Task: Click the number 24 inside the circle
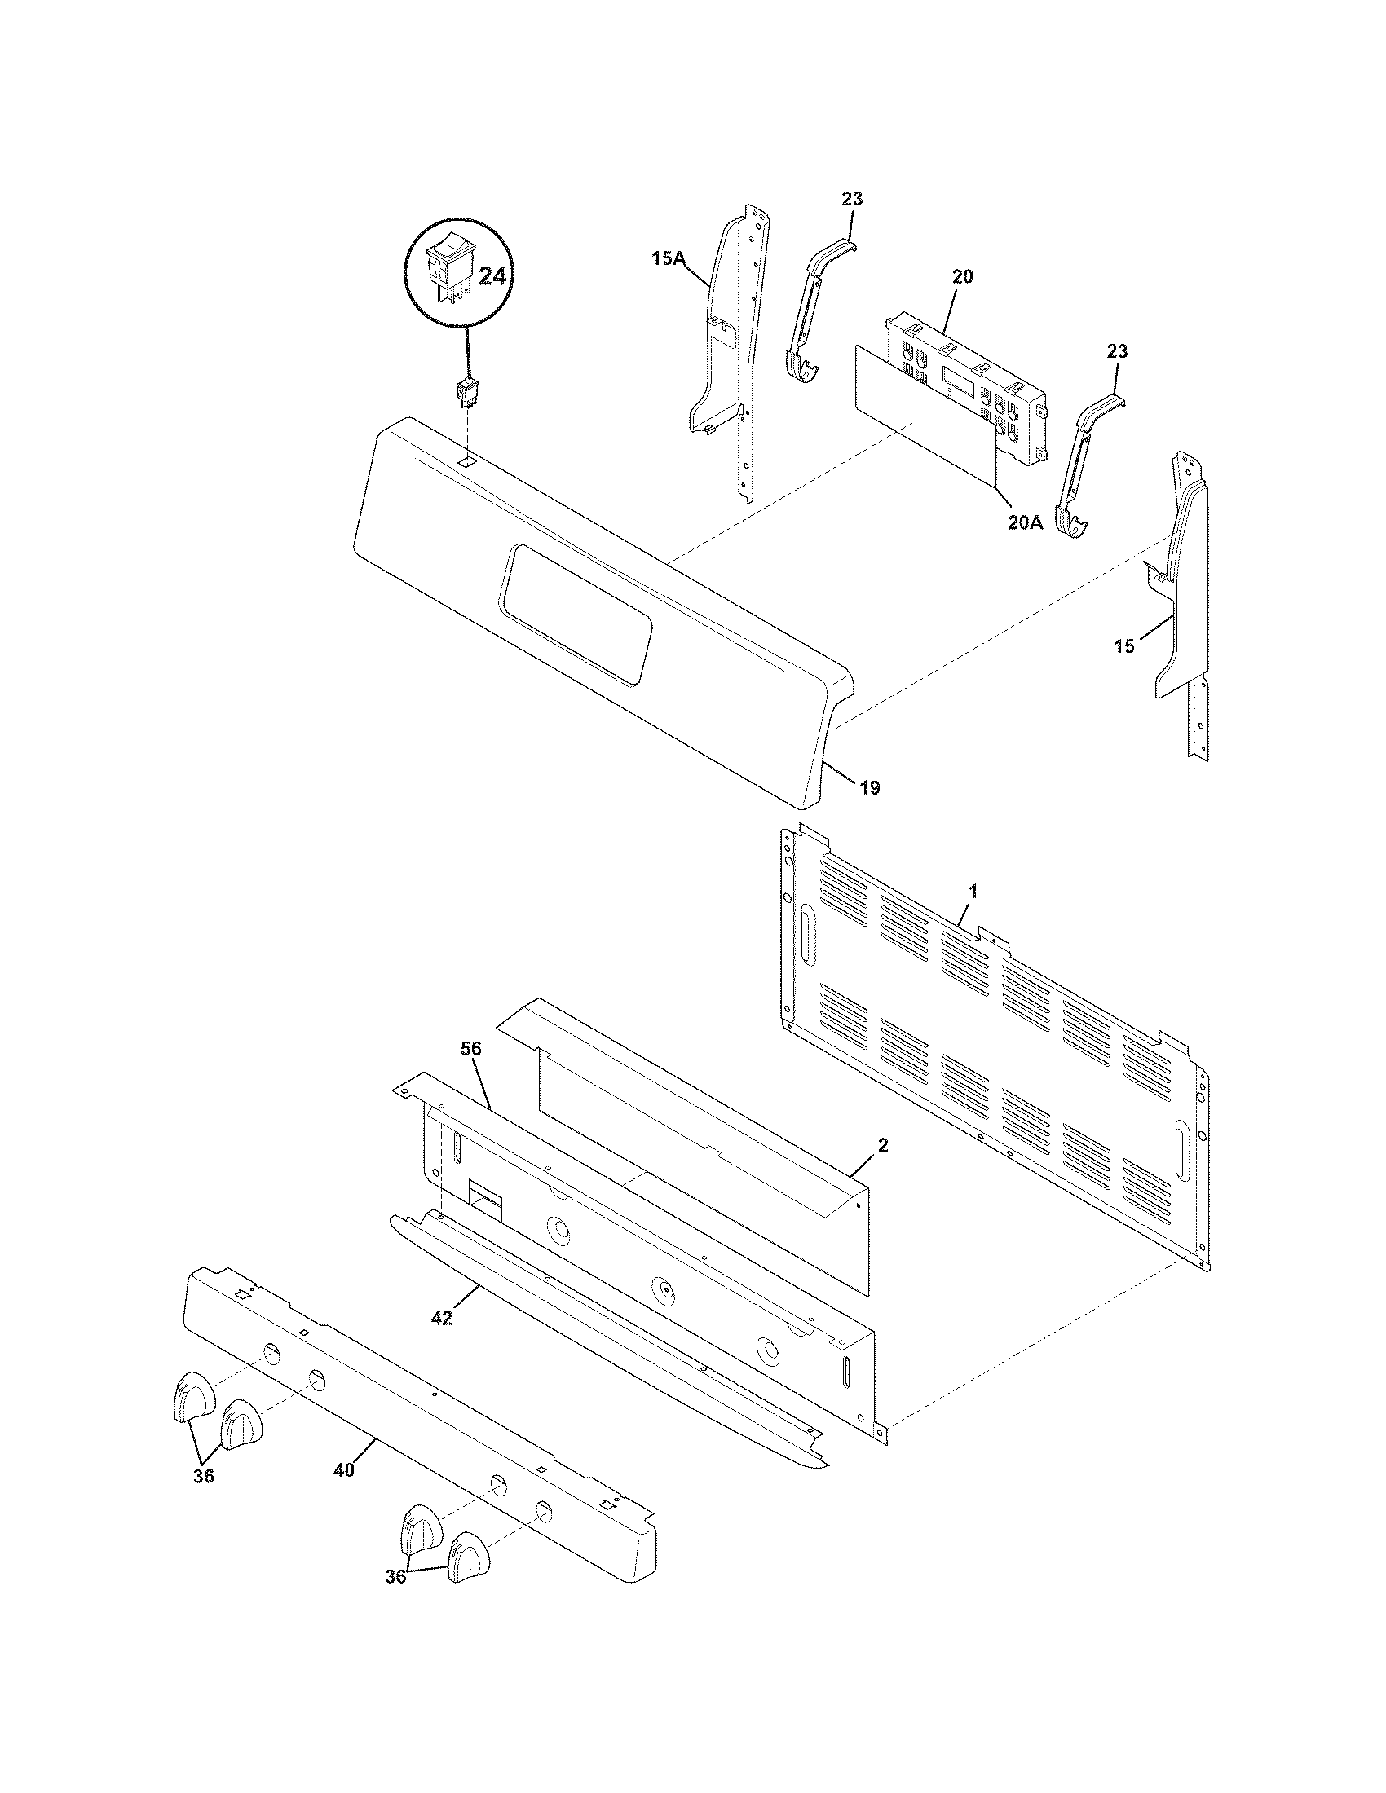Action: [492, 276]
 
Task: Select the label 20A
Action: [1026, 522]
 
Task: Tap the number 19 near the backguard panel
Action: [871, 788]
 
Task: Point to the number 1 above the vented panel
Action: [973, 890]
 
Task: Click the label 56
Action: [471, 1048]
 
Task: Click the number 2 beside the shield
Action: [883, 1145]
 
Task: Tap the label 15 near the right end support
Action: [1124, 646]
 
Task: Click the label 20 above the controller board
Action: [962, 276]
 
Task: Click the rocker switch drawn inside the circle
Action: [449, 272]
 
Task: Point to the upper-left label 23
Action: [852, 199]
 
